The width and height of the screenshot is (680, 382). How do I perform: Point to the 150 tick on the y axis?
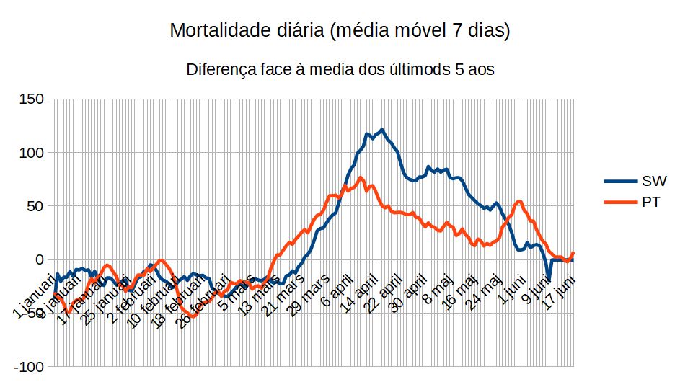(x=32, y=99)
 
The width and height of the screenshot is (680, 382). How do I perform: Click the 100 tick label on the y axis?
(x=32, y=153)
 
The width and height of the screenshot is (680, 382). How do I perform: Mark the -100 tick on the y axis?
(x=29, y=367)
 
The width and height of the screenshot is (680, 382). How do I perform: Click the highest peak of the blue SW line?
(x=381, y=130)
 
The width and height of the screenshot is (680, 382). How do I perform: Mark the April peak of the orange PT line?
(x=361, y=177)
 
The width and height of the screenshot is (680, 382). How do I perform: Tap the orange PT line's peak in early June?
(x=519, y=201)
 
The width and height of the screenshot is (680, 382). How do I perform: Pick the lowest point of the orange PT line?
(x=193, y=316)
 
